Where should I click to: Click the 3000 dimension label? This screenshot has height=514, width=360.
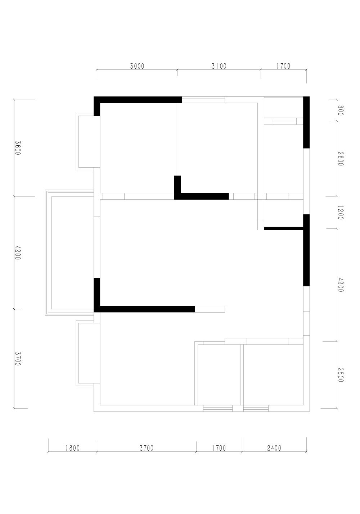[x=137, y=66]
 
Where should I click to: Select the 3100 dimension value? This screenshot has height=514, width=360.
[x=219, y=66]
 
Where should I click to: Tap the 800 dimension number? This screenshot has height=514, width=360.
[x=340, y=110]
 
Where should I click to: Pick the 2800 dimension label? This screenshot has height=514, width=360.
[x=340, y=159]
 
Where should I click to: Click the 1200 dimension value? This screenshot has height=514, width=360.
[x=340, y=213]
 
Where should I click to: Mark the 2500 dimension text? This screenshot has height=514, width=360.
[x=341, y=375]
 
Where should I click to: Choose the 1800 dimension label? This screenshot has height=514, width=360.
[x=73, y=448]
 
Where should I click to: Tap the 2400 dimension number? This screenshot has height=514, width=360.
[x=274, y=448]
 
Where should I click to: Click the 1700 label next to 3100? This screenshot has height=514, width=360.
[x=283, y=66]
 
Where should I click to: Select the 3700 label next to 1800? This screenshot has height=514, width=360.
[x=147, y=448]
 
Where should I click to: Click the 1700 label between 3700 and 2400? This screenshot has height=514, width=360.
[x=219, y=448]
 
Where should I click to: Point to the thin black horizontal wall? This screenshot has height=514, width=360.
[x=284, y=228]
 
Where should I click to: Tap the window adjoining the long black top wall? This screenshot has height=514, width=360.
[x=203, y=100]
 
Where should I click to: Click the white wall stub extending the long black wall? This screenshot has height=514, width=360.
[x=210, y=309]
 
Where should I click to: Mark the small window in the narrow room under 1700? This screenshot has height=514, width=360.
[x=284, y=121]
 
